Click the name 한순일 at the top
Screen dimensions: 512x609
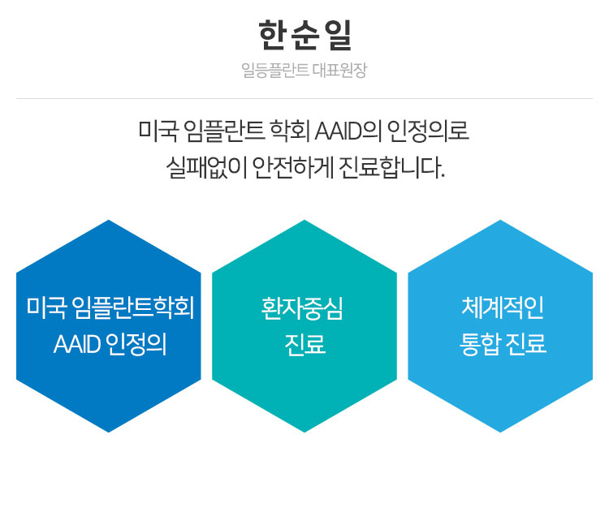coord(304,37)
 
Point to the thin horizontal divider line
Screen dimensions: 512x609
coord(304,99)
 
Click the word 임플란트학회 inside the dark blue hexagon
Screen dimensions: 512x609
coord(133,308)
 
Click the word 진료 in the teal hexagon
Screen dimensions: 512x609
coord(304,345)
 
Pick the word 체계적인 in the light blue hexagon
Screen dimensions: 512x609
coord(501,308)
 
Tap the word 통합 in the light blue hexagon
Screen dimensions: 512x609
coord(480,345)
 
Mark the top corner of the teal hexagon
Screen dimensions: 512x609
coord(304,222)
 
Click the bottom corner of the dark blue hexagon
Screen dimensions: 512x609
coord(109,431)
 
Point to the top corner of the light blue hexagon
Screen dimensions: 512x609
coord(500,222)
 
